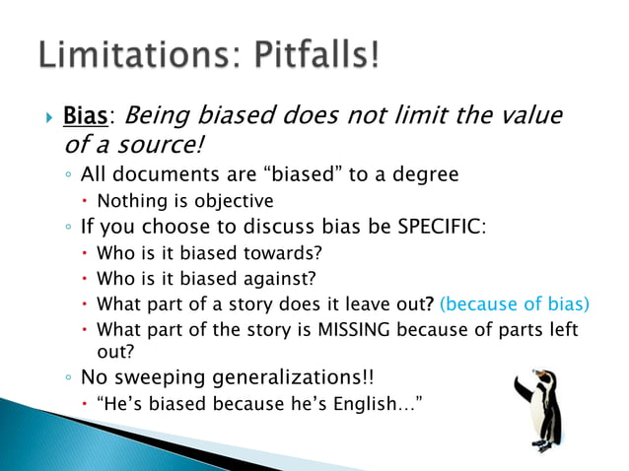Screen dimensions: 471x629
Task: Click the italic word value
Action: click(x=530, y=117)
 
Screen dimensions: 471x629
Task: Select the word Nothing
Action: click(x=131, y=201)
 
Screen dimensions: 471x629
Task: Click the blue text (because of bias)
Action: click(x=514, y=303)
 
